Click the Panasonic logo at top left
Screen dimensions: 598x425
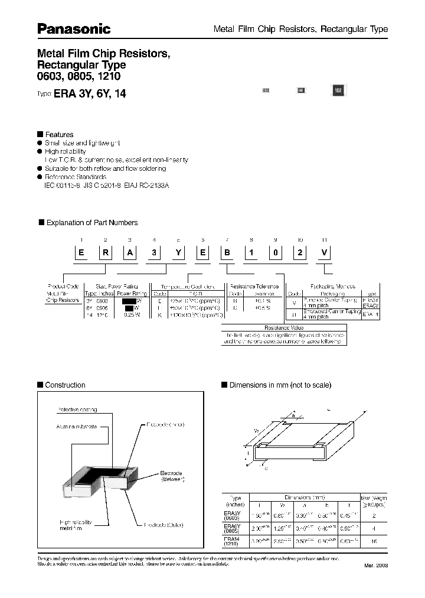74,29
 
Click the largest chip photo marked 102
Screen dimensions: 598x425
338,91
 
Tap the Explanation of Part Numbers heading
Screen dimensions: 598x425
91,223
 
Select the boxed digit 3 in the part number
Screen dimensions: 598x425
154,253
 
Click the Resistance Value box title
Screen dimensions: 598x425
285,327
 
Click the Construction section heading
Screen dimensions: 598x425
65,385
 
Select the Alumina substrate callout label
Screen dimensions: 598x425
77,425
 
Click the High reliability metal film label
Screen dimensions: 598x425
76,526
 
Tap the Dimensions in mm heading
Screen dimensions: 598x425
280,385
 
